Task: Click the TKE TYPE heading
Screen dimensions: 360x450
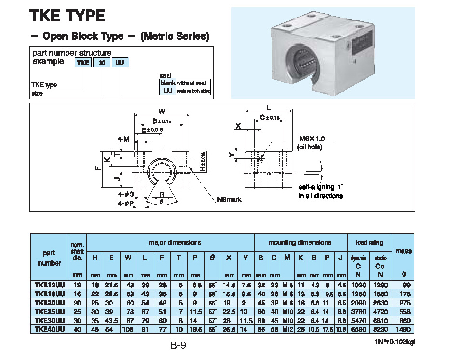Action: (x=67, y=16)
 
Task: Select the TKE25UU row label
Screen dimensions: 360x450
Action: (x=49, y=312)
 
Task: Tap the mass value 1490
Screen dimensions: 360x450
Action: (x=404, y=329)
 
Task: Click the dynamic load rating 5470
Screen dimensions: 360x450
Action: (x=358, y=321)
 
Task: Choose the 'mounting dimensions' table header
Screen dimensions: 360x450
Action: (x=300, y=242)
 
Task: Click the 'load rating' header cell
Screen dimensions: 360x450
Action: (x=369, y=242)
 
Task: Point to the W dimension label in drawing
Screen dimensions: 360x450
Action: (x=162, y=111)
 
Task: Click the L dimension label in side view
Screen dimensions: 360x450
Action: (x=269, y=108)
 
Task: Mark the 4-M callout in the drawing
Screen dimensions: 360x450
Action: (x=123, y=139)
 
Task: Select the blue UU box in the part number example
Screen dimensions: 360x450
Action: (x=120, y=63)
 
